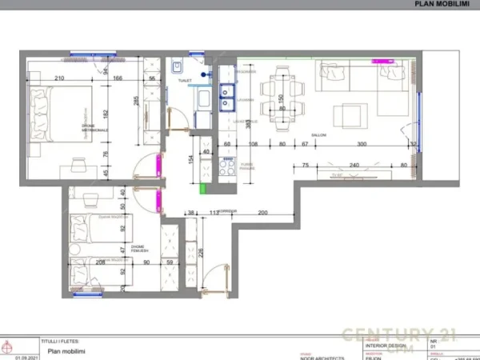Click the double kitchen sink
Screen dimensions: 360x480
click(x=227, y=96)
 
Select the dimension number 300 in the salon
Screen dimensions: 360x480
click(x=362, y=144)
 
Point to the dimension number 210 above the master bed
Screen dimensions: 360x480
click(x=59, y=78)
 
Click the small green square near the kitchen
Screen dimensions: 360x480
click(x=203, y=189)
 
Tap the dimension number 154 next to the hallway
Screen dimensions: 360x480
click(x=191, y=158)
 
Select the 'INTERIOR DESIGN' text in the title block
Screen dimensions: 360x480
click(x=382, y=346)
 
